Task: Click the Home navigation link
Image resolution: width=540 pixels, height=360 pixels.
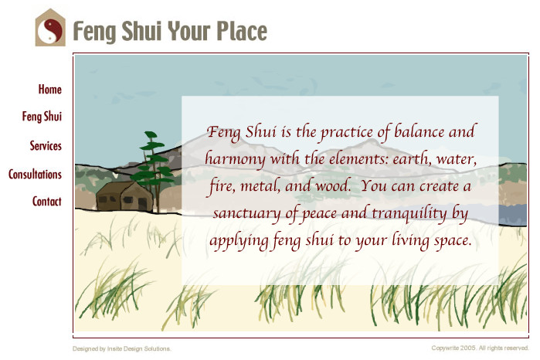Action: (50, 89)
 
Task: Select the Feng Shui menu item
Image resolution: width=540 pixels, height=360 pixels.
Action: (42, 117)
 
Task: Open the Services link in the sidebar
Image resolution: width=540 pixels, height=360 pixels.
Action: (46, 146)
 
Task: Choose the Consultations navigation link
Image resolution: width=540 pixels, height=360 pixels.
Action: (35, 175)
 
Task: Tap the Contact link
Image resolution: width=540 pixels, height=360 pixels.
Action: (47, 201)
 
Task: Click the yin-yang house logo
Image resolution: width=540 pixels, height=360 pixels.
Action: (50, 27)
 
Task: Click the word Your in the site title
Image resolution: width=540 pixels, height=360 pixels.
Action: (188, 31)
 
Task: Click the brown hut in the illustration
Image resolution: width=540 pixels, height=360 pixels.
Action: (124, 196)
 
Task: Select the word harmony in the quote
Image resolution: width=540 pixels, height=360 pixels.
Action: (235, 159)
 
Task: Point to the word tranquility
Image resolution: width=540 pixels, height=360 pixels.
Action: (409, 213)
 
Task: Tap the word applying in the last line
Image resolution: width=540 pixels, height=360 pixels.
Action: (239, 241)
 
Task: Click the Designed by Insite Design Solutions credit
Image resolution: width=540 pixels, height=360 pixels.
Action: (121, 348)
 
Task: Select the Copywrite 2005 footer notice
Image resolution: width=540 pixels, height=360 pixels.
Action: (480, 348)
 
